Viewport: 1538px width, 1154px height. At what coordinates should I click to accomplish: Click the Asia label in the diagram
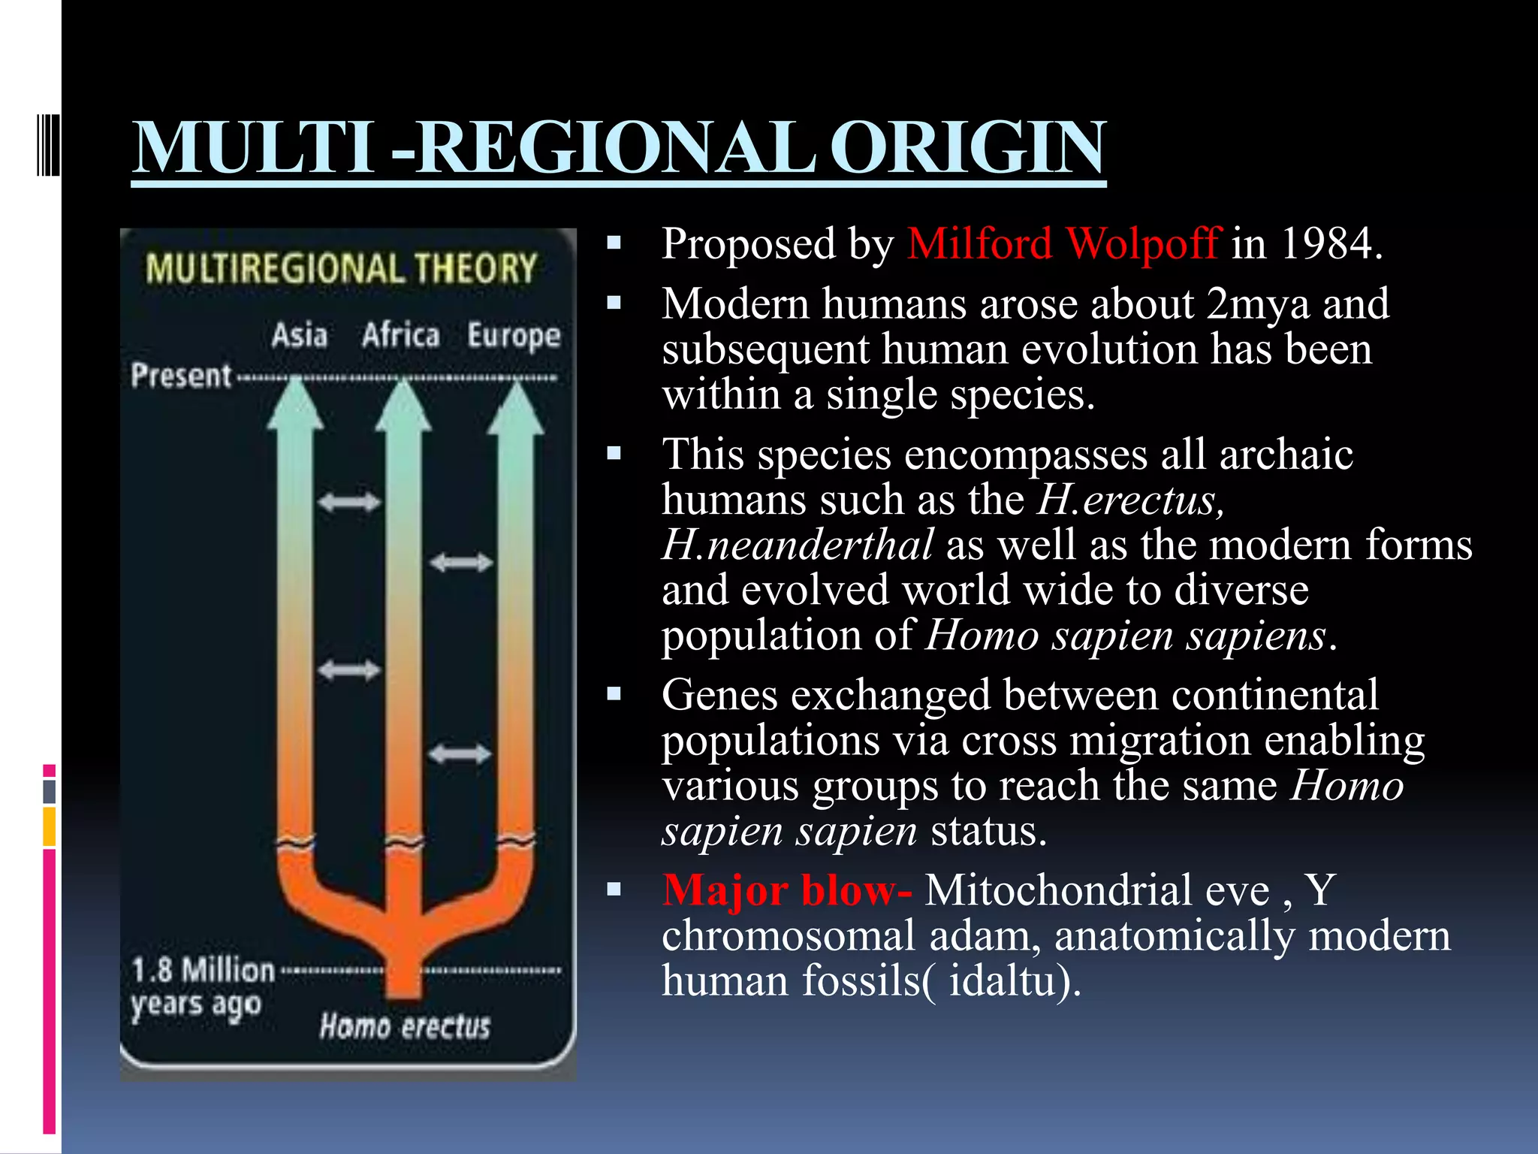pyautogui.click(x=299, y=335)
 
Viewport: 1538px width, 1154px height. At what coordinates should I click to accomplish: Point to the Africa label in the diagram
pyautogui.click(x=400, y=335)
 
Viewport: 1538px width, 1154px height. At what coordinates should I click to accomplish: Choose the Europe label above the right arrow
pyautogui.click(x=514, y=336)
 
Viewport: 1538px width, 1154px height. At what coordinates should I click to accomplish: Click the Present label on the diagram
pyautogui.click(x=181, y=376)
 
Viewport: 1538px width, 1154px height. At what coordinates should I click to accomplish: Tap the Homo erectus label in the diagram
pyautogui.click(x=405, y=1026)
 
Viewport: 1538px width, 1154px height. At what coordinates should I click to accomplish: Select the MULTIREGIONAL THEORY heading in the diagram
pyautogui.click(x=342, y=269)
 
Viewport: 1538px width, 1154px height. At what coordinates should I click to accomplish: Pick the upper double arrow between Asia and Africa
pyautogui.click(x=349, y=502)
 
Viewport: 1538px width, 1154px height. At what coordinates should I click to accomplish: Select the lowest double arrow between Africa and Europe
pyautogui.click(x=460, y=754)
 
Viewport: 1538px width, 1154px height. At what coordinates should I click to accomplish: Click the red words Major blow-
pyautogui.click(x=786, y=891)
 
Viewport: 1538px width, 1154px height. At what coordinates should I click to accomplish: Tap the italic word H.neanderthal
pyautogui.click(x=798, y=545)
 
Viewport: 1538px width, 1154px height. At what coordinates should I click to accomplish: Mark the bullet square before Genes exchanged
pyautogui.click(x=614, y=694)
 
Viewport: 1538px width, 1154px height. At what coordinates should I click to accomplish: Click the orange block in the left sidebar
pyautogui.click(x=49, y=826)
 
